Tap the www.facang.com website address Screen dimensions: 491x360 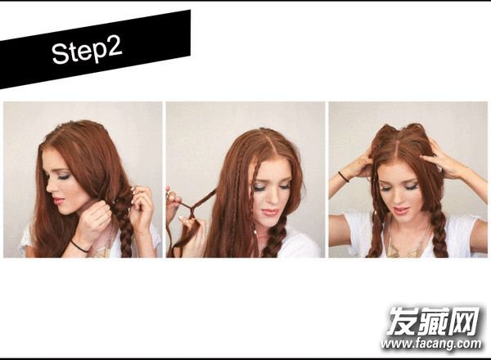tap(431, 344)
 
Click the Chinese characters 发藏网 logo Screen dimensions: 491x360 tap(434, 321)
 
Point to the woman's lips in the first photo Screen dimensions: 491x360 tap(59, 200)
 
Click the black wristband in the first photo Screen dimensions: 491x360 tap(79, 246)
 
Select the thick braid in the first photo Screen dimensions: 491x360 tap(124, 225)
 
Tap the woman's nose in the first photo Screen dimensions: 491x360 tap(49, 188)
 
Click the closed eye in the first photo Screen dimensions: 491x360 tap(64, 178)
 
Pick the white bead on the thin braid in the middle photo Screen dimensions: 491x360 tap(256, 232)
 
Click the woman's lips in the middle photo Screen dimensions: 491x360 tap(270, 212)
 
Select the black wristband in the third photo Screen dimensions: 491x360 tap(343, 176)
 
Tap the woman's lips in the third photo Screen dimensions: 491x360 tap(401, 209)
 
